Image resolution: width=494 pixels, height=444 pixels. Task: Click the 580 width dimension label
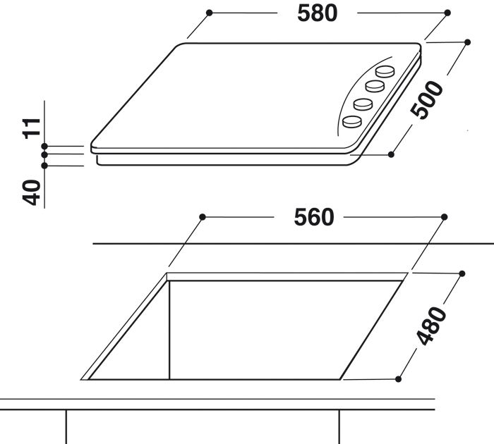click(318, 13)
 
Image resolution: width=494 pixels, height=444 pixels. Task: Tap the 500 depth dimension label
click(427, 100)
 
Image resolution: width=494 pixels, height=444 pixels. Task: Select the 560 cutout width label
click(314, 218)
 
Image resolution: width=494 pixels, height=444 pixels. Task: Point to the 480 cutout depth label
click(431, 326)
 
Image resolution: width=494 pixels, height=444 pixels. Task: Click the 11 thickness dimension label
click(32, 128)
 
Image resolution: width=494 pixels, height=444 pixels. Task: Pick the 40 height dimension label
click(32, 192)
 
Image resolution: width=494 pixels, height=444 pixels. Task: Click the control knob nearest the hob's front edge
click(352, 121)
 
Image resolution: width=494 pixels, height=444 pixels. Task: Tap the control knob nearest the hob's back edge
click(385, 71)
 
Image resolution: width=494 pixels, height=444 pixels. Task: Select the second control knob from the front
click(363, 104)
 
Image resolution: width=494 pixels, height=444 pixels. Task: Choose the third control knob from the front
click(375, 86)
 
